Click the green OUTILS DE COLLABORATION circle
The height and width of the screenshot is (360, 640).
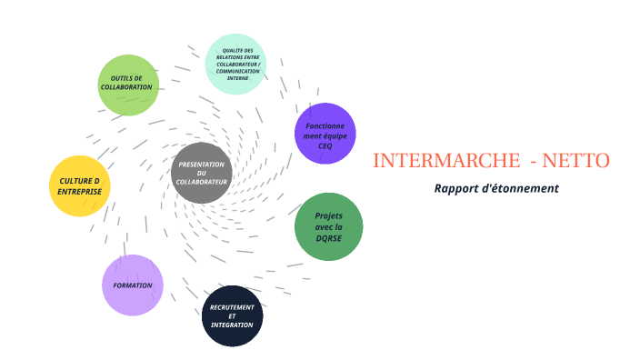click(128, 85)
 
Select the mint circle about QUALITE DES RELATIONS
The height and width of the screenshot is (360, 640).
click(235, 64)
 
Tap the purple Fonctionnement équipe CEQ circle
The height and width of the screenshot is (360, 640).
click(325, 134)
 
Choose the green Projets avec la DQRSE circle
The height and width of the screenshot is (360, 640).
click(328, 226)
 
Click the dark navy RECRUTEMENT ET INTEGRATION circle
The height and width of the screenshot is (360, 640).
click(232, 315)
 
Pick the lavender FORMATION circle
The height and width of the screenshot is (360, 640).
click(133, 285)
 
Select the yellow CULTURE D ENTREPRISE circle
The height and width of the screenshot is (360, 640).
click(79, 185)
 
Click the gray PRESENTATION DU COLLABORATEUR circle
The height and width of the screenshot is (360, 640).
click(202, 173)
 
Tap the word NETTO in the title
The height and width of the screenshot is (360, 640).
click(575, 161)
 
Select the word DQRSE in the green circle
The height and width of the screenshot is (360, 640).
click(328, 237)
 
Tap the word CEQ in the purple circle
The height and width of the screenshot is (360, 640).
click(325, 145)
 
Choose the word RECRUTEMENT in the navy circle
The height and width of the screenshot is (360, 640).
click(232, 307)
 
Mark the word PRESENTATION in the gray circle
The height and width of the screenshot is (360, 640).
click(202, 165)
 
